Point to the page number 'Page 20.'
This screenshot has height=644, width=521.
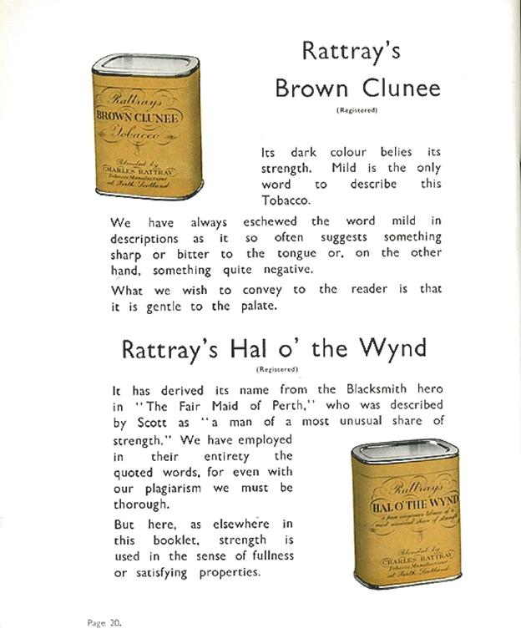pos(104,621)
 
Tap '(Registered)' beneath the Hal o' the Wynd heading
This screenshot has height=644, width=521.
pos(276,369)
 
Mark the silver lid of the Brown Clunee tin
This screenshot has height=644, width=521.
pos(145,65)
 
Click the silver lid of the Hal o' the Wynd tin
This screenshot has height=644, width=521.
pos(405,451)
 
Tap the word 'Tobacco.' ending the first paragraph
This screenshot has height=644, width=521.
pos(284,201)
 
